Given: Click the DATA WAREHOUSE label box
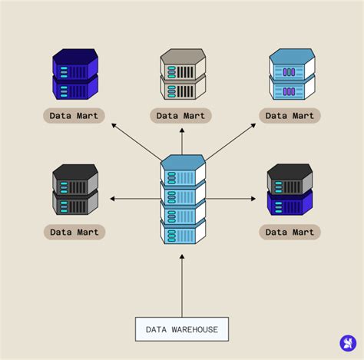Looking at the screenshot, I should [x=181, y=329].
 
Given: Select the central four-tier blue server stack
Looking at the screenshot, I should [x=183, y=200].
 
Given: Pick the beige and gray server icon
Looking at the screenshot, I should [x=183, y=74].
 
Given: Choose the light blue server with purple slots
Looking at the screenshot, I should [x=291, y=74].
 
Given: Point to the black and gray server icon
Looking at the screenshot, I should [x=75, y=189].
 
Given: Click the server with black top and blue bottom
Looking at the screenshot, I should [x=290, y=189].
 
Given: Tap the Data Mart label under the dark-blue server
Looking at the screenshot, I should [x=74, y=116].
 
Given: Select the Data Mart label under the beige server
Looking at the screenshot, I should [x=181, y=116].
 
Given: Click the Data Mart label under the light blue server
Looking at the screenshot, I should [x=289, y=116].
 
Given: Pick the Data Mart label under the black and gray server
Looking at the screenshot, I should [x=74, y=231].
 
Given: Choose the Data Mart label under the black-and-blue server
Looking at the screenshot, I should [x=289, y=231].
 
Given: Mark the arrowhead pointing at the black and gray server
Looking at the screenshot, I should [x=113, y=199].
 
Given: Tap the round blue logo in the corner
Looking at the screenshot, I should [x=347, y=343].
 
